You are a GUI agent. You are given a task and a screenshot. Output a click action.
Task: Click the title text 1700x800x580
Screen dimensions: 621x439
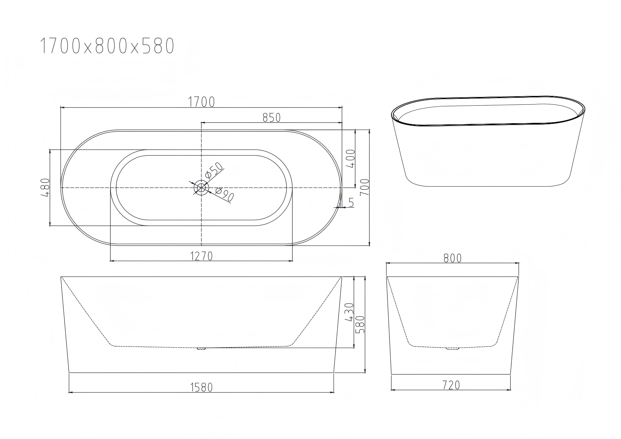coord(107,45)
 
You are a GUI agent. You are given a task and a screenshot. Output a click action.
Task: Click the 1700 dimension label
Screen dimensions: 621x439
coord(201,102)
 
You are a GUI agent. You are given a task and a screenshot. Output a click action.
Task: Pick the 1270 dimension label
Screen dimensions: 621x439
coord(201,256)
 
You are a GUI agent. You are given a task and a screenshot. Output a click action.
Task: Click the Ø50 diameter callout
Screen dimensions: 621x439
coord(214,170)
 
